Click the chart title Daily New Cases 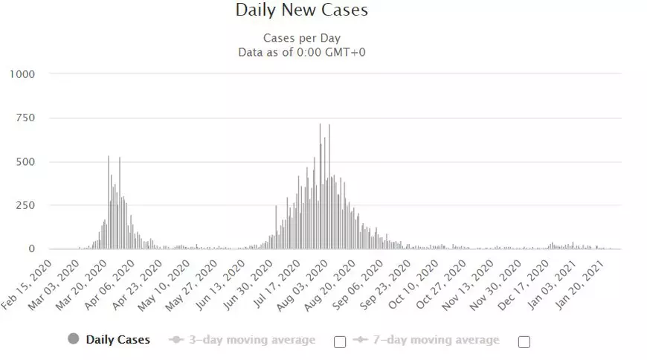[301, 10]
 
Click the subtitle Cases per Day [301, 38]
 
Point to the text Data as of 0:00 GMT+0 [301, 52]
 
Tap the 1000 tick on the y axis [22, 74]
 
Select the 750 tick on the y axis [25, 118]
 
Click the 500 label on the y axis [25, 161]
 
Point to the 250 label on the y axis [25, 205]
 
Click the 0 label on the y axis [32, 249]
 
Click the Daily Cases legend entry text [118, 340]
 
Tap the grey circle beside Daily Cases [73, 340]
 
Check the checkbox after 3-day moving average [340, 342]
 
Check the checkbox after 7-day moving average [524, 342]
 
